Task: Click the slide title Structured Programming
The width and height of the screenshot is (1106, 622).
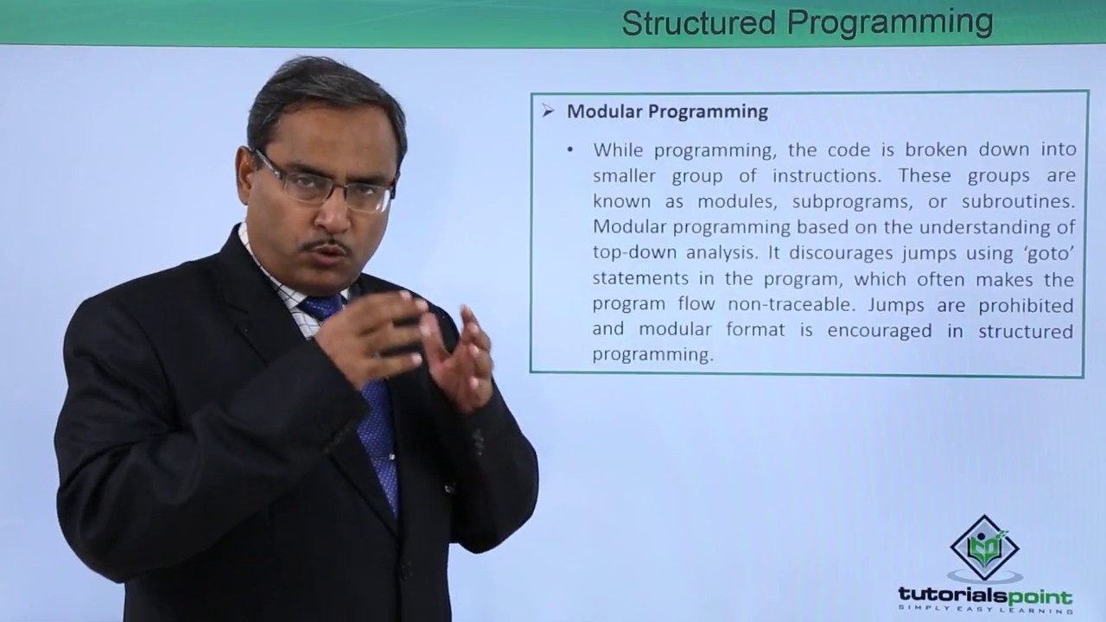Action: tap(807, 22)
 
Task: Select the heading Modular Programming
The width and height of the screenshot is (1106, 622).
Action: tap(667, 111)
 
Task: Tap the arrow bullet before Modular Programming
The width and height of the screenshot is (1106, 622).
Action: tap(548, 111)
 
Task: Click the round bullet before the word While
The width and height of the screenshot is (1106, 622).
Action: tap(570, 150)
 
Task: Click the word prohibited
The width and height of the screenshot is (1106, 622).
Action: tap(1027, 305)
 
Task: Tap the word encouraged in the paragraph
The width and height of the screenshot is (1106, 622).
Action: tap(880, 331)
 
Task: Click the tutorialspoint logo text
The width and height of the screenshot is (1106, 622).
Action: tap(985, 596)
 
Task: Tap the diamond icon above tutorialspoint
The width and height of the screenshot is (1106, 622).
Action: tap(985, 549)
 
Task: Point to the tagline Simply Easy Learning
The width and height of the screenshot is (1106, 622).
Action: tap(985, 610)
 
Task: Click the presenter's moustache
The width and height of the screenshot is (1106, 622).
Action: tap(326, 247)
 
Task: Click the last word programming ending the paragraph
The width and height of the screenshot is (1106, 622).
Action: tap(652, 355)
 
